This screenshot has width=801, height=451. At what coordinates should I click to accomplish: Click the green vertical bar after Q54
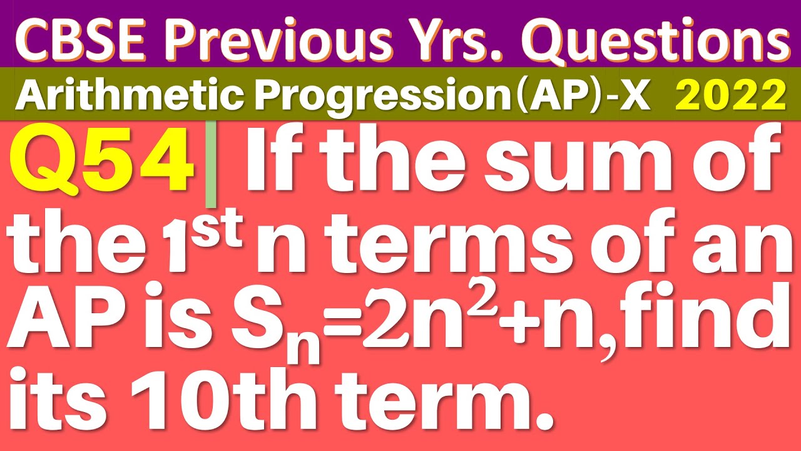tap(211, 165)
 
